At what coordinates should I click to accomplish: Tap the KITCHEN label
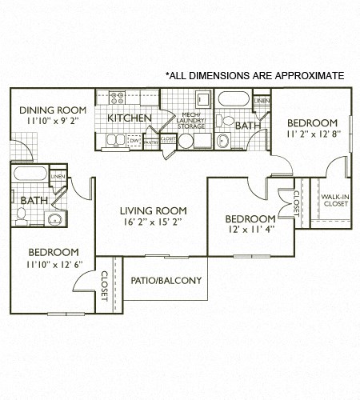tap(129, 118)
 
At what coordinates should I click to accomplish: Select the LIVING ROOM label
tap(151, 210)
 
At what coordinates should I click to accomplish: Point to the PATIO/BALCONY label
tap(166, 281)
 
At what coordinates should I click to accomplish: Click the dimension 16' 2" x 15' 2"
tap(151, 222)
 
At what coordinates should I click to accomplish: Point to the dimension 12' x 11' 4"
tap(250, 230)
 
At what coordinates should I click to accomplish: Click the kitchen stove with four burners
tap(118, 98)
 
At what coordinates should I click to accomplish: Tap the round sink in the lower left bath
tap(55, 218)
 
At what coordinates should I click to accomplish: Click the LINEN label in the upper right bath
tap(262, 101)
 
